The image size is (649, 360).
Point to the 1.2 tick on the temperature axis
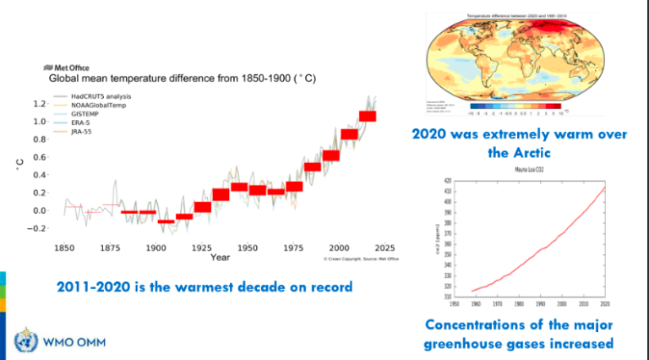39,103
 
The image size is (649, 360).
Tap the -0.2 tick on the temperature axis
37,228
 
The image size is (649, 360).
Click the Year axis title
220,257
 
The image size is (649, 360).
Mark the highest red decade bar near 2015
367,116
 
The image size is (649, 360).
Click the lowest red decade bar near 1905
166,221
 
